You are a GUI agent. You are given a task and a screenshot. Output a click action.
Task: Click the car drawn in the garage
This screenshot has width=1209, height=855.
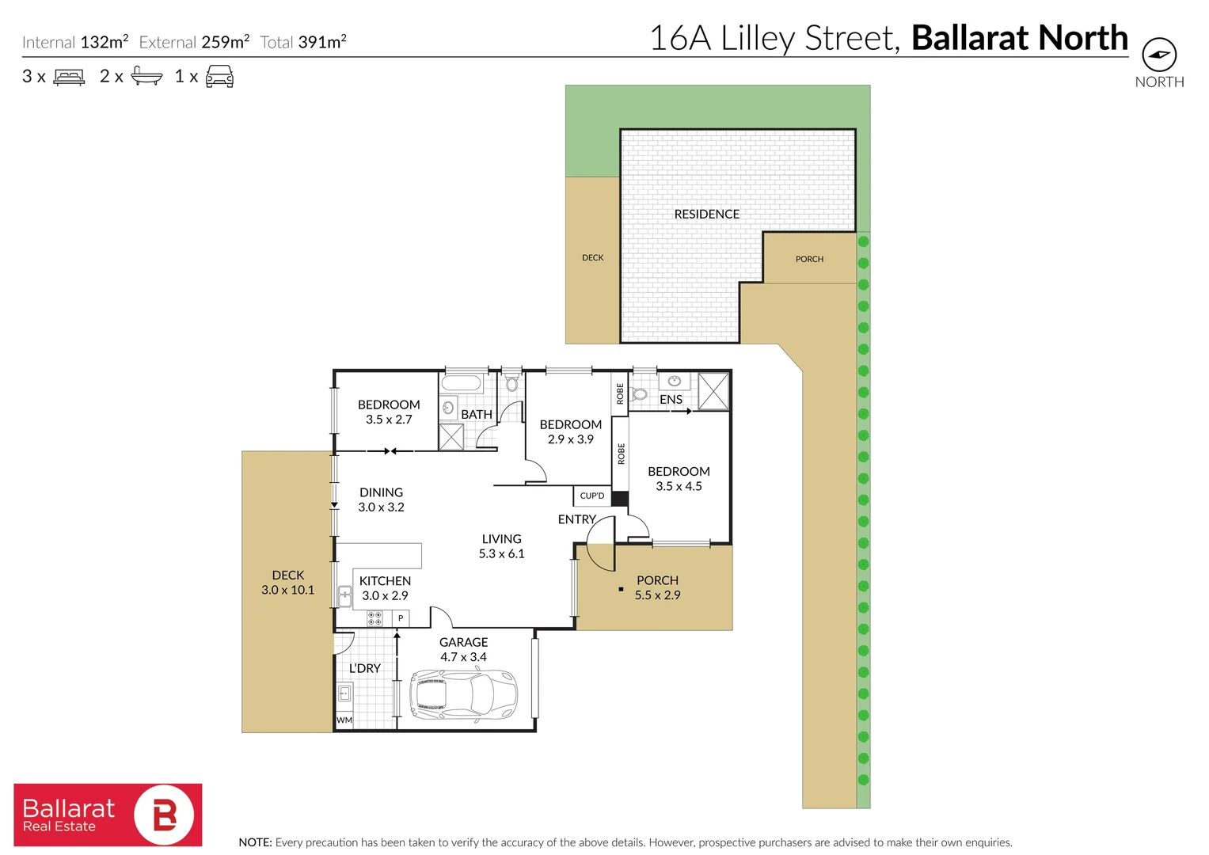[463, 694]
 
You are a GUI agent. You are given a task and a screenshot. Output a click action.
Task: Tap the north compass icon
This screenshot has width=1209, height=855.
[1159, 55]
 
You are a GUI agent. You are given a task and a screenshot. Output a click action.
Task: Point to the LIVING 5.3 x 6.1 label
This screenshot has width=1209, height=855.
[501, 546]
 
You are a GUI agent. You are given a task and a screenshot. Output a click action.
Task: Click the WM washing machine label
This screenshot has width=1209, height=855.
[344, 720]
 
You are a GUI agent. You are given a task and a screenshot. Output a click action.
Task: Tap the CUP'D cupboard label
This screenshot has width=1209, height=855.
[592, 496]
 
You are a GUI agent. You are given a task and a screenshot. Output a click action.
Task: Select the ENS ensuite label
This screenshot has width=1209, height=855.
[671, 400]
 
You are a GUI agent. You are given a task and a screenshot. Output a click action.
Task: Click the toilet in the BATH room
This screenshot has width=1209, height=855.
[511, 383]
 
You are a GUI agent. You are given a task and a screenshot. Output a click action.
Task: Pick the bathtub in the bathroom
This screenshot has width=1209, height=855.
[462, 384]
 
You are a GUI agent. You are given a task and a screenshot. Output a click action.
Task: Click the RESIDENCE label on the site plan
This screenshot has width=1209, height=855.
[706, 215]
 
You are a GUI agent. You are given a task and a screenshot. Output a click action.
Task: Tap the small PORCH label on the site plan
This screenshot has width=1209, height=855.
[809, 259]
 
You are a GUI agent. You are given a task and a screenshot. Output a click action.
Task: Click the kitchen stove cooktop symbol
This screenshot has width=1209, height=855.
[374, 618]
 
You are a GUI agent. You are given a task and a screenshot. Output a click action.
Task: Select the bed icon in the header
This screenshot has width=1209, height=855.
[69, 77]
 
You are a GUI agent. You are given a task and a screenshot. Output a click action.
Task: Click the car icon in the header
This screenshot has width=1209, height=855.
[219, 77]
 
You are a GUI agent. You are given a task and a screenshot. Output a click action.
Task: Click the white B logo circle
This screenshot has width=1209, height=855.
[164, 815]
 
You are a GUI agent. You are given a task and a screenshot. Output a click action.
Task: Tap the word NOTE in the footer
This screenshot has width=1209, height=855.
[255, 842]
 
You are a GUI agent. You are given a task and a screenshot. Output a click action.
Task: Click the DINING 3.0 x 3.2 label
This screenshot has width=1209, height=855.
[381, 500]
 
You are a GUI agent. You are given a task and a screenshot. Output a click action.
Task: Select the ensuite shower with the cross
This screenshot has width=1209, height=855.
[713, 390]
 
